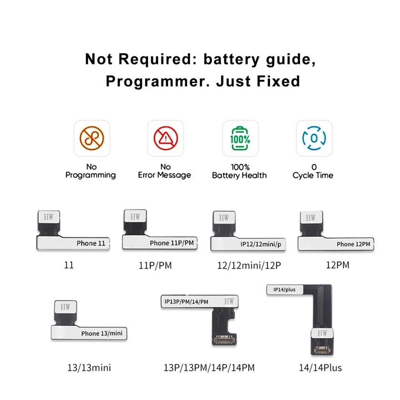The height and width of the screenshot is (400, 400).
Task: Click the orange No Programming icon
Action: tap(92, 138)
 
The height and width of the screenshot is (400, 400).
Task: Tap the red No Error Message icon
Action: tap(166, 138)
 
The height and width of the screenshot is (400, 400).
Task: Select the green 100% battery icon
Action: tap(240, 138)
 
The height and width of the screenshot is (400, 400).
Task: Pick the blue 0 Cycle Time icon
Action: tap(314, 138)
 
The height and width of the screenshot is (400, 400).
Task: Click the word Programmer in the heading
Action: tap(158, 81)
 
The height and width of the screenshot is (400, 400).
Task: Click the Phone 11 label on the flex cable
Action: tap(91, 243)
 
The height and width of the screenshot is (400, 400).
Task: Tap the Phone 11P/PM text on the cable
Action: tap(172, 243)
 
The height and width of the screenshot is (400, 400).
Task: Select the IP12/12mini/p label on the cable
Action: tap(261, 244)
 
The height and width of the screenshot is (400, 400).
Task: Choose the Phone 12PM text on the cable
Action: tap(353, 244)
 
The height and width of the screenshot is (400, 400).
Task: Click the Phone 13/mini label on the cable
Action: tap(102, 333)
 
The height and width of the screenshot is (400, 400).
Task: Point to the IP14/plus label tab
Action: tap(285, 290)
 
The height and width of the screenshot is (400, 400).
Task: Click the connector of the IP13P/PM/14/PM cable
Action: tap(224, 340)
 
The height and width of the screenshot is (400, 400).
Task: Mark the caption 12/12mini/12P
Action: tap(249, 266)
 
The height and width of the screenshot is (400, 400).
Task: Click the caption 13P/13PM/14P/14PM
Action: tap(209, 368)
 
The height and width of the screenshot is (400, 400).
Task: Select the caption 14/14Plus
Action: tap(320, 368)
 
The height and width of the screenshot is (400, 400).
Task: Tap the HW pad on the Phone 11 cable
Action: tap(49, 217)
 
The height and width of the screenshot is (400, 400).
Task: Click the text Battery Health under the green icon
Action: tap(239, 175)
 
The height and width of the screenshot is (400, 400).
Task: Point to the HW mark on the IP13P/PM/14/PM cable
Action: tap(229, 301)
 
